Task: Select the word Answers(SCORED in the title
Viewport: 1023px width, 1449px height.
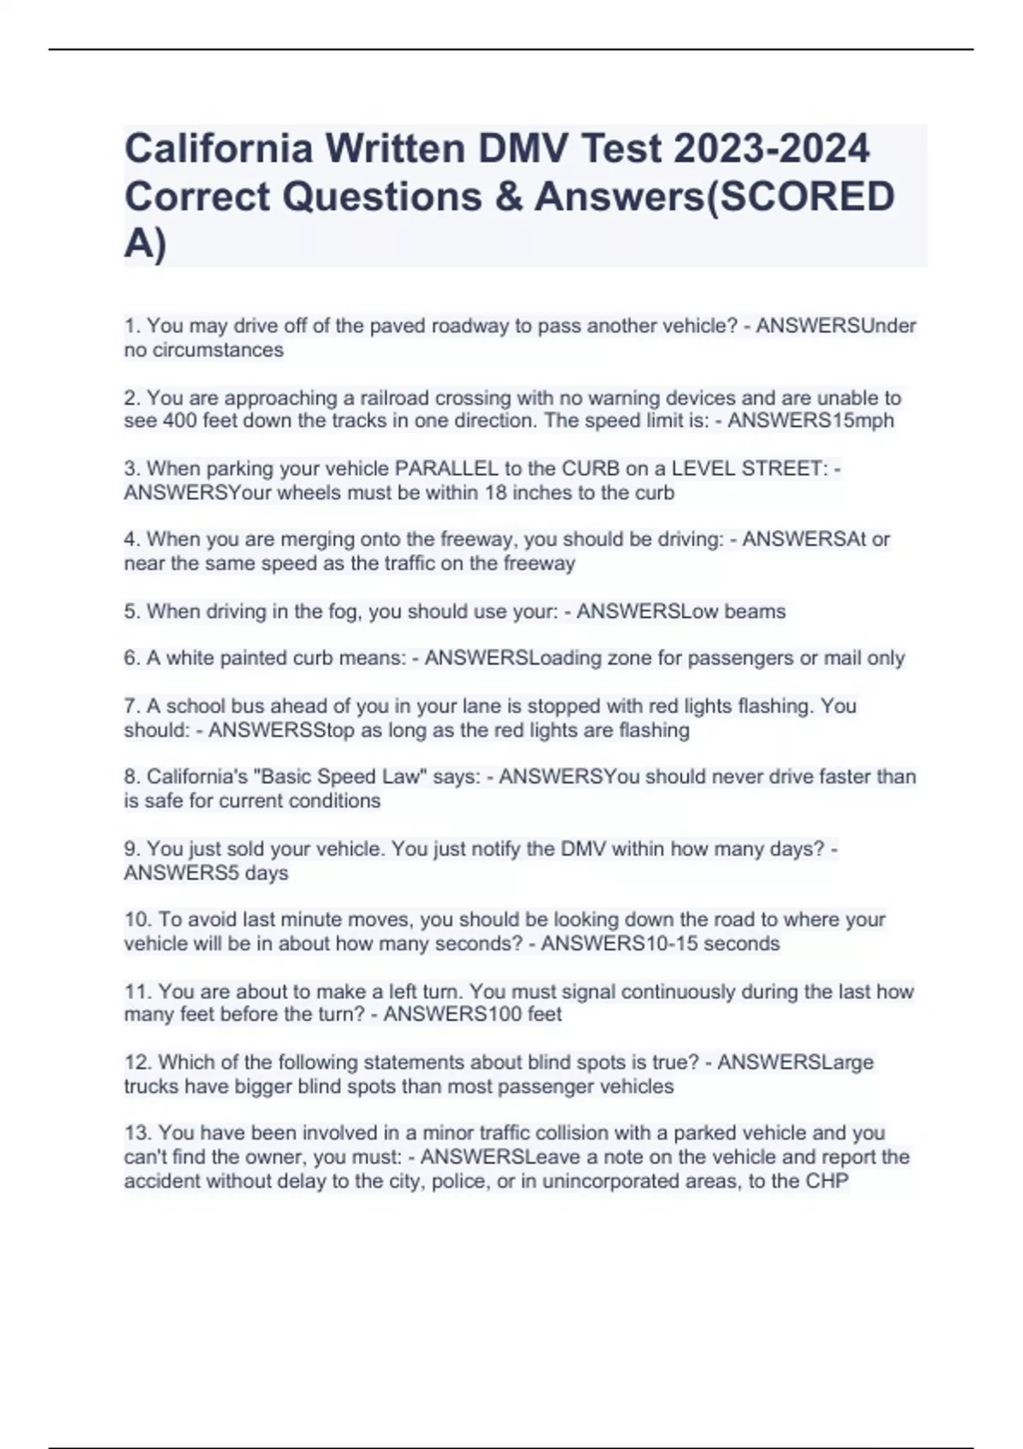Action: tap(714, 196)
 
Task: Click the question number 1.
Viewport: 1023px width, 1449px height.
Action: tap(131, 326)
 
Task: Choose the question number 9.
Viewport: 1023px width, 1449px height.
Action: tap(131, 849)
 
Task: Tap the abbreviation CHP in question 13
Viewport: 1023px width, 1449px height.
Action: tap(826, 1181)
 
